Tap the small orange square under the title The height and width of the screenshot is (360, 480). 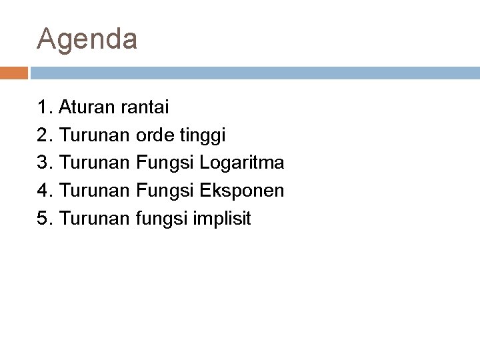point(14,73)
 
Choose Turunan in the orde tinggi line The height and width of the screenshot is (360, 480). point(95,135)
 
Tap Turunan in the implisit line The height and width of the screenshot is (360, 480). point(95,219)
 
